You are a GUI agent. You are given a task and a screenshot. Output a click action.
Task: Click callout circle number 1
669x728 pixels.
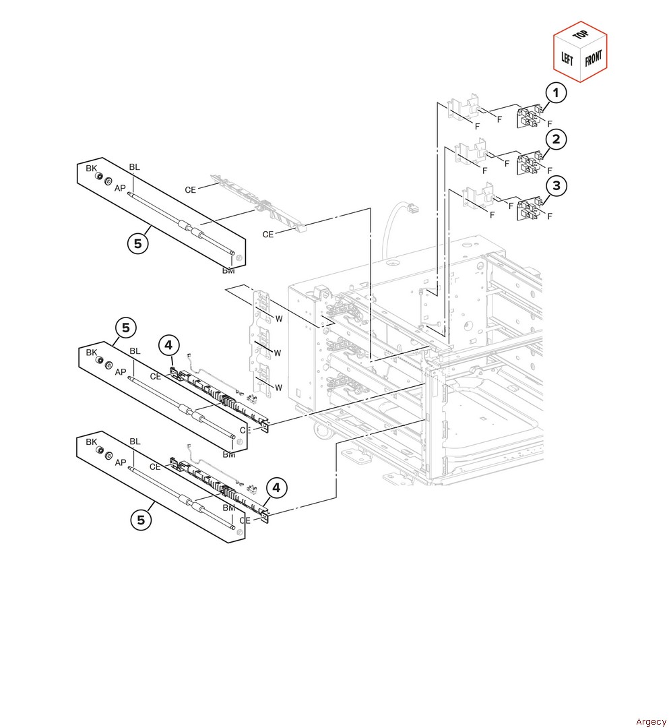(556, 92)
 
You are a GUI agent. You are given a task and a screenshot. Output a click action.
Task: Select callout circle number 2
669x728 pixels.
(556, 140)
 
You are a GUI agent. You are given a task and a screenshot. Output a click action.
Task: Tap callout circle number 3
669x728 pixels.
(556, 185)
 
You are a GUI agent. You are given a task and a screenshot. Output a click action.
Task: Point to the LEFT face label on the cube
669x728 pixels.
(567, 58)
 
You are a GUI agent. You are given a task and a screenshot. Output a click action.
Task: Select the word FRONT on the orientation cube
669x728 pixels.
(593, 58)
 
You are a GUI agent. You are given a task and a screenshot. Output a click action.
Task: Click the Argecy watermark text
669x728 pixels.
(651, 722)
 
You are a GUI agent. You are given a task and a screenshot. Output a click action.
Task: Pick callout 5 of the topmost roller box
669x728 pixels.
(137, 244)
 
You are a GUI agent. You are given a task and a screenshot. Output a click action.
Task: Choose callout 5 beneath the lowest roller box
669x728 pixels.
(141, 520)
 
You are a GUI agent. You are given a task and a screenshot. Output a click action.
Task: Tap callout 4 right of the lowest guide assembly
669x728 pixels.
(276, 487)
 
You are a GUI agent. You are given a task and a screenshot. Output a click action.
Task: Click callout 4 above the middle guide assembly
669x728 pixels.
(169, 346)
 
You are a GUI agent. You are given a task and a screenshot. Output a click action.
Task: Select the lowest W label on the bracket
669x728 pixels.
(277, 388)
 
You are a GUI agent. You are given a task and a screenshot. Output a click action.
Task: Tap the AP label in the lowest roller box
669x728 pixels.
(120, 462)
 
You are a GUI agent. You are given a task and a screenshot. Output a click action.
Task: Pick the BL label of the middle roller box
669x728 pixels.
(135, 351)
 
